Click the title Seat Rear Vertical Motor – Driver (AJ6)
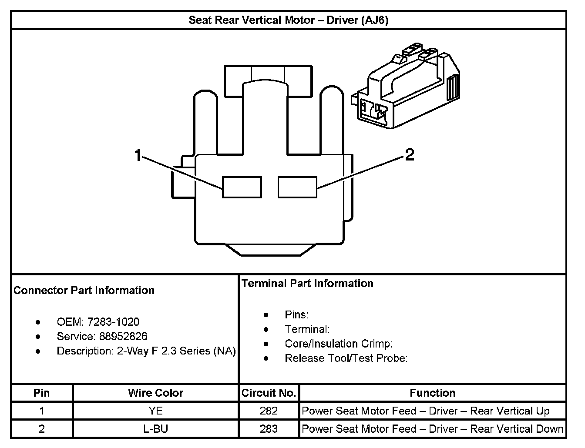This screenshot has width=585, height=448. pyautogui.click(x=288, y=20)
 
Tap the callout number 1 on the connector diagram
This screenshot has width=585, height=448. pyautogui.click(x=138, y=155)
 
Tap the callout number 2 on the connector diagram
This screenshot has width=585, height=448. pyautogui.click(x=410, y=155)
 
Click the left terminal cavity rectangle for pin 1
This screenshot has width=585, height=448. pyautogui.click(x=242, y=187)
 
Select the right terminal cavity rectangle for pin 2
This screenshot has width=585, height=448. pyautogui.click(x=297, y=187)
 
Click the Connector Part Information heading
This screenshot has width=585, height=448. pyautogui.click(x=84, y=290)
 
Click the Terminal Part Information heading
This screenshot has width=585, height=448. pyautogui.click(x=307, y=283)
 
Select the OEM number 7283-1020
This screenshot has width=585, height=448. pyautogui.click(x=113, y=322)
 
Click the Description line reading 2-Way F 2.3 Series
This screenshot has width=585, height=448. pyautogui.click(x=146, y=351)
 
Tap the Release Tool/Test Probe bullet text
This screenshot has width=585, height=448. pyautogui.click(x=346, y=358)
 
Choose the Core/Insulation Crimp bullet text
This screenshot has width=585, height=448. pyautogui.click(x=339, y=344)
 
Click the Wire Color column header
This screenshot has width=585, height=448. pyautogui.click(x=155, y=393)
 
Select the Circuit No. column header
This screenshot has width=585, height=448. pyautogui.click(x=269, y=393)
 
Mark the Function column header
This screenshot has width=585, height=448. pyautogui.click(x=432, y=393)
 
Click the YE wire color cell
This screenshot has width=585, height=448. pyautogui.click(x=155, y=411)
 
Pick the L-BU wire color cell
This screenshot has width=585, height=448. pyautogui.click(x=155, y=429)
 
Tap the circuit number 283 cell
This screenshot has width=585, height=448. pyautogui.click(x=269, y=429)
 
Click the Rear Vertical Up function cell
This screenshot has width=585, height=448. pyautogui.click(x=425, y=411)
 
